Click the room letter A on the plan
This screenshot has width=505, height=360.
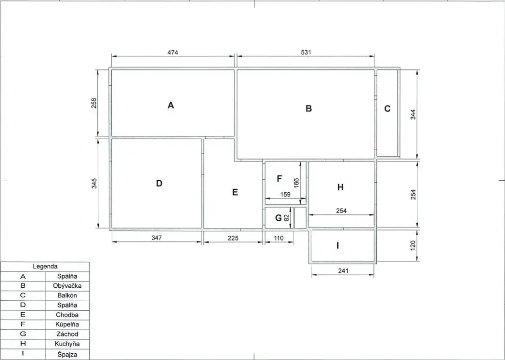click(171, 105)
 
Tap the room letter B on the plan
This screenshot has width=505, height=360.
click(308, 108)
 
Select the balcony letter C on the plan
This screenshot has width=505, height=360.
click(387, 108)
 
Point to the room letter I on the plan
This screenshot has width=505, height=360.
click(337, 245)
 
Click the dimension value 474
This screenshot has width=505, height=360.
click(173, 52)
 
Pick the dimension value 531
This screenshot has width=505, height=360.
click(306, 52)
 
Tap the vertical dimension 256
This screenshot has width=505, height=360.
click(93, 103)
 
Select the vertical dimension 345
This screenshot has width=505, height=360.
click(94, 184)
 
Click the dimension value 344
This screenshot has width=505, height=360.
click(413, 115)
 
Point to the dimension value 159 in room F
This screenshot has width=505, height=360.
click(285, 195)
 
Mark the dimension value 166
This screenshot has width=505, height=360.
click(296, 183)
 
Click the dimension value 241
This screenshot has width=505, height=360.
click(343, 271)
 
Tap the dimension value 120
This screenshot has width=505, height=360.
click(413, 245)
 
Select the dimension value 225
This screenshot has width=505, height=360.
click(233, 238)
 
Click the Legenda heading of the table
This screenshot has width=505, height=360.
click(45, 267)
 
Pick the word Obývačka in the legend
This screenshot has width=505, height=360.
click(67, 286)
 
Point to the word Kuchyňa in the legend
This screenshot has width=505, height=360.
click(67, 344)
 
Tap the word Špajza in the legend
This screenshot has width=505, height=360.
click(67, 354)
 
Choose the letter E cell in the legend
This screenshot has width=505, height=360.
click(23, 315)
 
